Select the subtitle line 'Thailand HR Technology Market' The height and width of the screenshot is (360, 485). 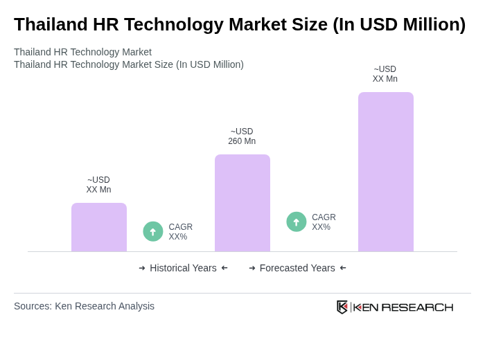(82, 52)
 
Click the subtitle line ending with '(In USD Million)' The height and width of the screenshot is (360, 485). (128, 64)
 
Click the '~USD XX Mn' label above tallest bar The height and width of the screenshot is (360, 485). (385, 74)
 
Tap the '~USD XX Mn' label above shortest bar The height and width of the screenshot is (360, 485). (98, 185)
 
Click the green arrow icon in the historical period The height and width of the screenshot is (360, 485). (153, 231)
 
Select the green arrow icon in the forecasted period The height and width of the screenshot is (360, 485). (297, 222)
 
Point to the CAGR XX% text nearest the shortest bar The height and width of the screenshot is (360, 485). (180, 232)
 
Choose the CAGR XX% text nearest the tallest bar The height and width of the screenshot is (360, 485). (324, 222)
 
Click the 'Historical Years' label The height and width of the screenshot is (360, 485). (183, 268)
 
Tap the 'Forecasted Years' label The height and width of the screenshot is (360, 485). (297, 268)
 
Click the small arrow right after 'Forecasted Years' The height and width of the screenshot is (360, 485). (343, 268)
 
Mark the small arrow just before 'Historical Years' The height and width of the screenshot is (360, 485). (142, 268)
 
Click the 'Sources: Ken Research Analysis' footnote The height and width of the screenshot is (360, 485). (84, 306)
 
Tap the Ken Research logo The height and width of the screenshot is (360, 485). (395, 307)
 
